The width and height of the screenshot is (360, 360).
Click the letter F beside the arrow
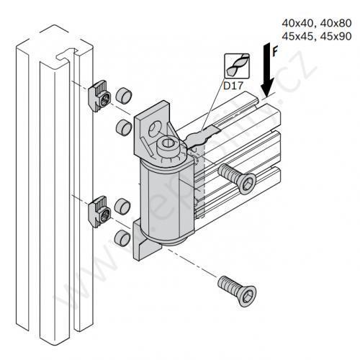tap(276, 53)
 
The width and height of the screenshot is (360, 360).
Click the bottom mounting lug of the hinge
tap(143, 248)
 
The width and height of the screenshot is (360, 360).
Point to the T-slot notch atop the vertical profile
tap(66, 51)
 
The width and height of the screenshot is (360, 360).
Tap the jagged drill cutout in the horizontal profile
tap(204, 135)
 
